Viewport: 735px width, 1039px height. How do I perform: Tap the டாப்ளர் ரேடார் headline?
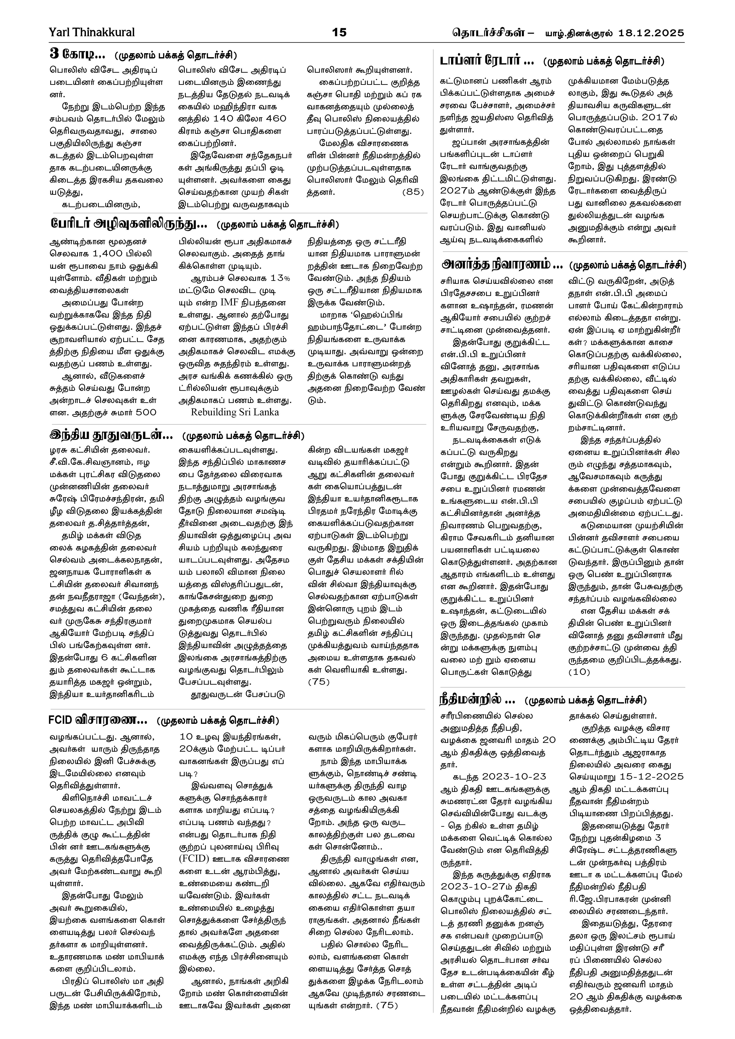[x=487, y=61]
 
